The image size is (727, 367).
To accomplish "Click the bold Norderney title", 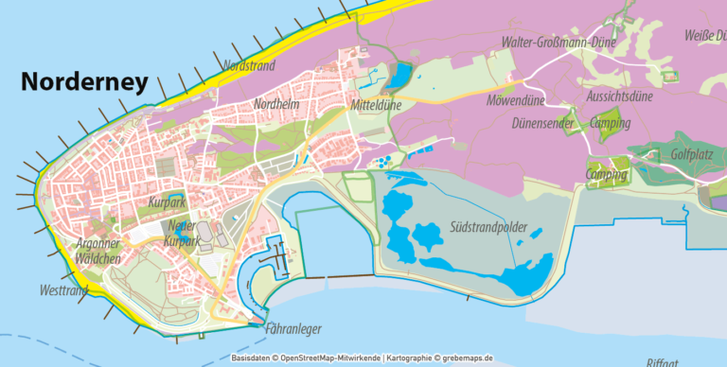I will click(85, 82).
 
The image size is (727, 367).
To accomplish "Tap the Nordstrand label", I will click(248, 66).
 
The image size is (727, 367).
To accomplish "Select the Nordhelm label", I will click(277, 103).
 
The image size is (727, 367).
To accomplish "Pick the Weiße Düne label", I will click(705, 36).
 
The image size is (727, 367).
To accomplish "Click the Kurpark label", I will click(168, 202).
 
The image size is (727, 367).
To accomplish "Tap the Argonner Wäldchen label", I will click(98, 251).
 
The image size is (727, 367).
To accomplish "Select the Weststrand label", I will click(64, 289).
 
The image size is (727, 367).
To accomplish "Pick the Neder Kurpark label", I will click(181, 234).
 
